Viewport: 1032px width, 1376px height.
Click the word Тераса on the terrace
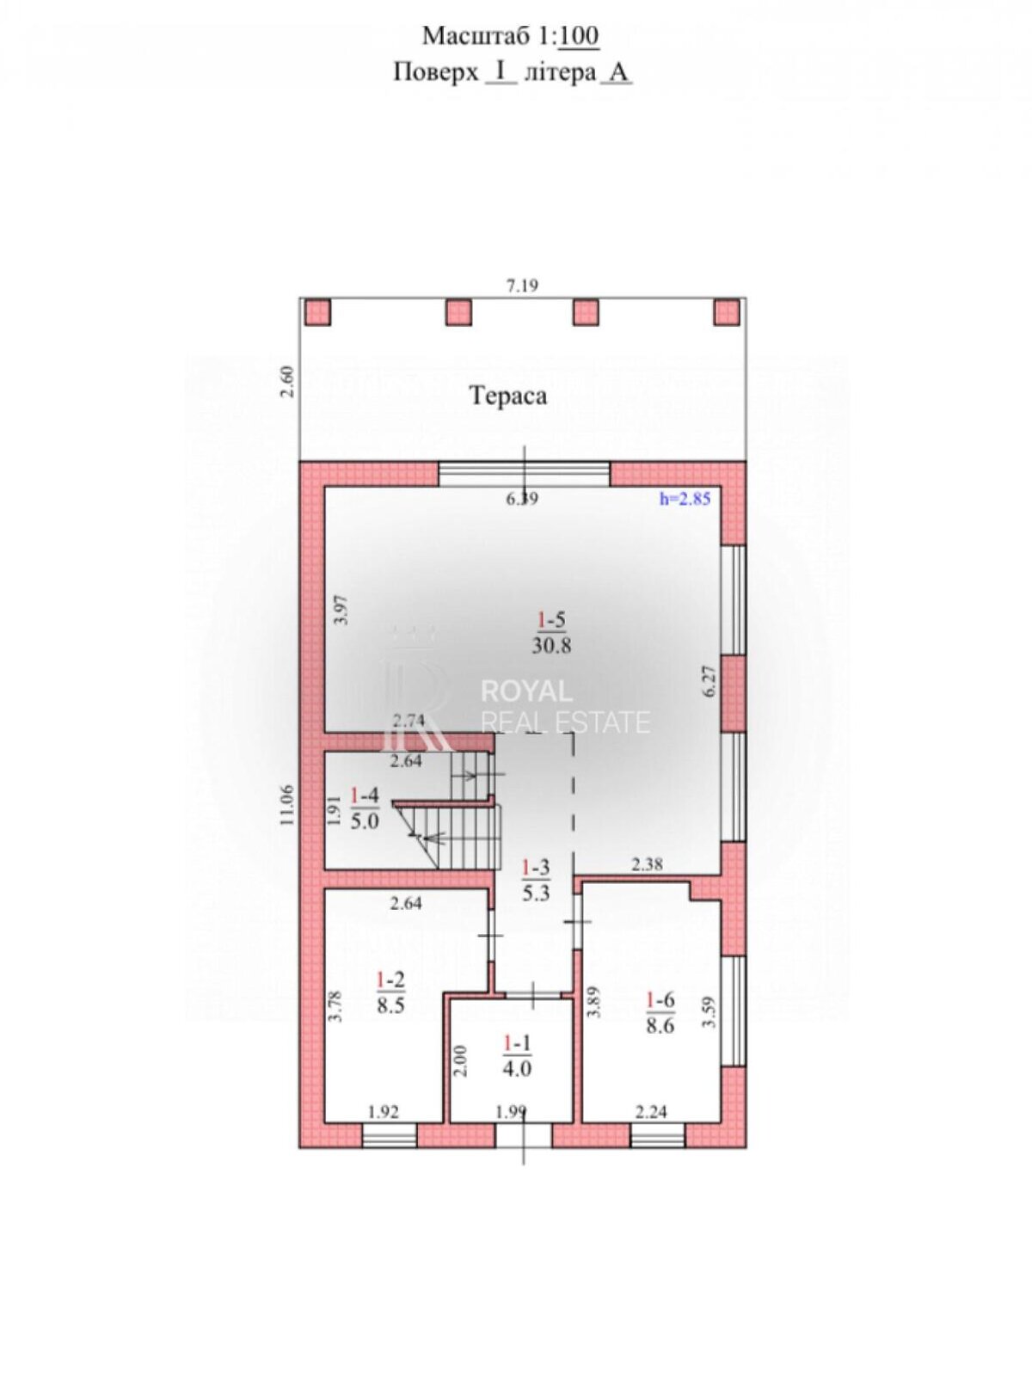[x=508, y=396]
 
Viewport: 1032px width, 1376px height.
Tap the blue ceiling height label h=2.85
[x=685, y=500]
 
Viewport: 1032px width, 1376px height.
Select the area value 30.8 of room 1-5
[x=551, y=645]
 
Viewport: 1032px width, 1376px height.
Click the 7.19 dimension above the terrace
[x=523, y=286]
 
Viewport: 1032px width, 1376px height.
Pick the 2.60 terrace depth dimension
[x=287, y=382]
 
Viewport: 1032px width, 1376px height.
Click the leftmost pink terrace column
[x=317, y=312]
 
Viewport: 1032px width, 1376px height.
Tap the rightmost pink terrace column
[x=727, y=312]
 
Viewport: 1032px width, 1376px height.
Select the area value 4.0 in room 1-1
[x=517, y=1066]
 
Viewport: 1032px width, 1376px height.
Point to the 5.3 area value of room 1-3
[x=537, y=892]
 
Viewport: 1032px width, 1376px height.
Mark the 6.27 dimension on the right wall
[x=710, y=681]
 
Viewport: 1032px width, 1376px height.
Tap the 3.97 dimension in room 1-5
[x=341, y=610]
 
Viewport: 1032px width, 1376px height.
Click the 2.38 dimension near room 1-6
[x=647, y=865]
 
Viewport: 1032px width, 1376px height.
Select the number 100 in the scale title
[x=579, y=36]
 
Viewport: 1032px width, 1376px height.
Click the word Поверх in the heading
[x=435, y=72]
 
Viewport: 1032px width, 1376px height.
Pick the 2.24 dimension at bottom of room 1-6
[x=652, y=1112]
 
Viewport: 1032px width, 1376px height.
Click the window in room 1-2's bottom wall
[x=390, y=1135]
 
